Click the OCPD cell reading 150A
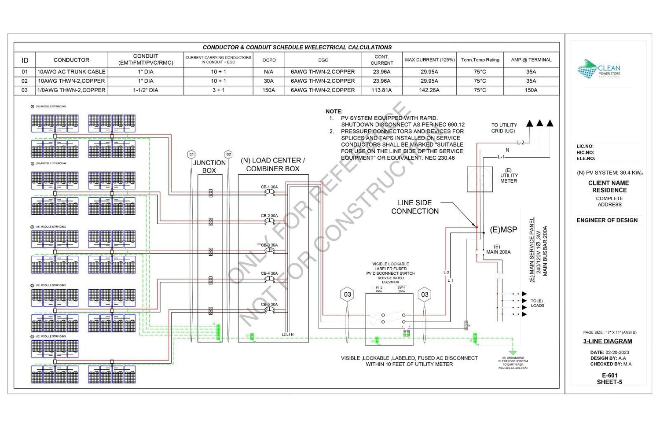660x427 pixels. (x=269, y=90)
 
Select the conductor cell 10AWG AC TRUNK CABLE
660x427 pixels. (x=71, y=72)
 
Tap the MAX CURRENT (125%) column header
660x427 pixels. (x=429, y=60)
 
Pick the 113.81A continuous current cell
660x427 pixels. (x=381, y=90)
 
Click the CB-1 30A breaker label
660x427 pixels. (x=269, y=187)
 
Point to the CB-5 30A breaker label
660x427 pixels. (x=269, y=305)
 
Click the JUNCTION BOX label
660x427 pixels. (x=209, y=166)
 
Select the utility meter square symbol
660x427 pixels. (x=480, y=179)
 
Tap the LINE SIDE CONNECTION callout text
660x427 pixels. (x=415, y=207)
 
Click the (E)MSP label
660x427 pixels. (x=503, y=230)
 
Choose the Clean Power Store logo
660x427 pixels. (x=598, y=70)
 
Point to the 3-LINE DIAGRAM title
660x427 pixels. (x=608, y=342)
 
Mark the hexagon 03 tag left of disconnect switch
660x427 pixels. (x=348, y=294)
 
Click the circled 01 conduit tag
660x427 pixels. (x=191, y=155)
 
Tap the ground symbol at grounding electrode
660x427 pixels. (x=512, y=352)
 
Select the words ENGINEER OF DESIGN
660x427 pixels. (x=607, y=221)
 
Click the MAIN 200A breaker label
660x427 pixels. (x=498, y=252)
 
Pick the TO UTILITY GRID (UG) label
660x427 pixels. (x=504, y=128)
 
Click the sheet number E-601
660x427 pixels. (x=609, y=375)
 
